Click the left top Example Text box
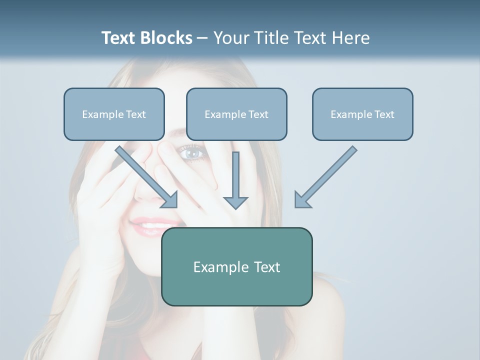[x=114, y=114]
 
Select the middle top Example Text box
[x=236, y=114]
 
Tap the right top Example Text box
[x=362, y=114]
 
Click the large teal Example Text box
[x=236, y=266]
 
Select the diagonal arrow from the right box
[x=326, y=176]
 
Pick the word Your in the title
[x=231, y=38]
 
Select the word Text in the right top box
[x=384, y=114]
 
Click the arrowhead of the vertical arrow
[x=235, y=202]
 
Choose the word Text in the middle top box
[x=258, y=114]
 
